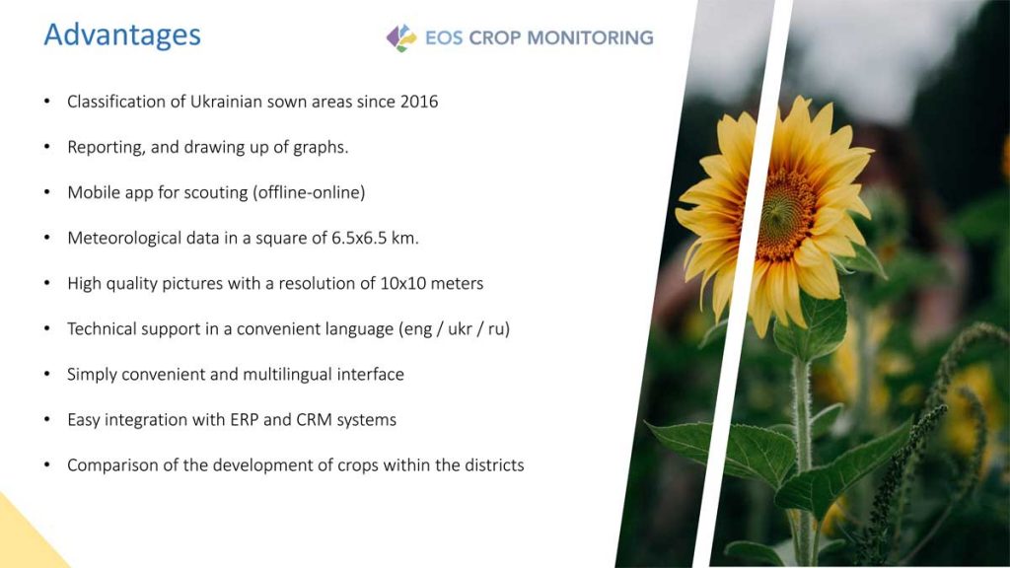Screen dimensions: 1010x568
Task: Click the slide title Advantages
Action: click(122, 36)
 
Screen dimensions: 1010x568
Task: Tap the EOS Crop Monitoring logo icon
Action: click(401, 38)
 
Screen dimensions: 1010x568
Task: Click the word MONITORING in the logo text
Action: click(590, 38)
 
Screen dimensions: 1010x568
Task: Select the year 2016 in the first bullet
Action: click(418, 102)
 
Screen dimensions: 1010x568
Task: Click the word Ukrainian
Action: click(226, 102)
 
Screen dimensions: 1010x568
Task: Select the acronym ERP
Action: click(245, 420)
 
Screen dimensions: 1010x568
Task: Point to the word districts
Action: click(495, 465)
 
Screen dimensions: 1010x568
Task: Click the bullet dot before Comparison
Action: click(47, 465)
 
